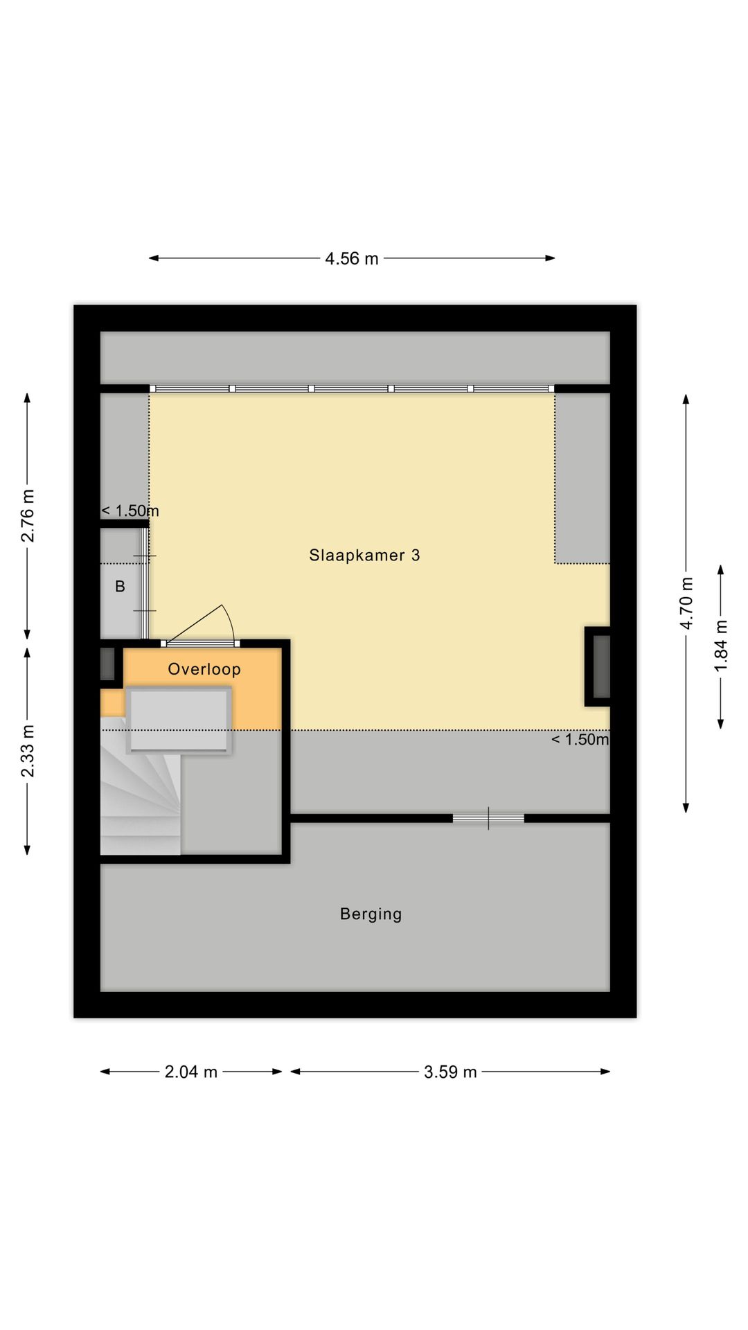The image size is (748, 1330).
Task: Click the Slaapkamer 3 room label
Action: pos(364,555)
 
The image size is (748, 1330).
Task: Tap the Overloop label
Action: pos(204,669)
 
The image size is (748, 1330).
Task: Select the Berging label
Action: pos(371,914)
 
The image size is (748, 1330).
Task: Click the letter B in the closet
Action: pos(120,587)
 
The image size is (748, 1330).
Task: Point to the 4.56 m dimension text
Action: pos(352,258)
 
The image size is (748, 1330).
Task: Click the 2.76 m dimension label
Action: pos(28,516)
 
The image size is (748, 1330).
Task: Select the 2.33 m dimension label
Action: pos(28,752)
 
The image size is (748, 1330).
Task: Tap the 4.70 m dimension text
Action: pos(686,603)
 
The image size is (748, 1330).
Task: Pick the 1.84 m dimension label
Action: pos(721,646)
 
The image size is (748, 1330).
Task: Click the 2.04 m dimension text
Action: pos(191,1072)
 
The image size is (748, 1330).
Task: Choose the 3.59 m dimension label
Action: pos(450,1072)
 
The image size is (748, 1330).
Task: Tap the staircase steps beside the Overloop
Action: pos(139,797)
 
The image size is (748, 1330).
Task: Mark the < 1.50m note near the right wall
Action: pos(580,739)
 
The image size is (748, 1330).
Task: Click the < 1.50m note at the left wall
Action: pos(130,511)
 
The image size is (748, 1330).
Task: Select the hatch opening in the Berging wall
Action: pos(488,818)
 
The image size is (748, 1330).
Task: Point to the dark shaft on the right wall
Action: pos(600,666)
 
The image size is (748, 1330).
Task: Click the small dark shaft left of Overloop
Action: pos(107,664)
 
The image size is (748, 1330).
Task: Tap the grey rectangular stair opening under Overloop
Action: pos(179,720)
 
